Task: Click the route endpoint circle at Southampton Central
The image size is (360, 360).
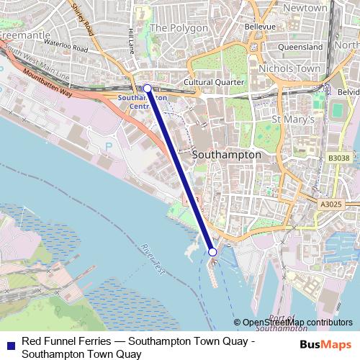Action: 147,89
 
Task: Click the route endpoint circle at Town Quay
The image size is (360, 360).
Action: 212,251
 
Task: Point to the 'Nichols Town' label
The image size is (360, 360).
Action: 288,68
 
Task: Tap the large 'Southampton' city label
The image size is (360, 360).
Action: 227,155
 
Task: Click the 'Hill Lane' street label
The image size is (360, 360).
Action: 130,40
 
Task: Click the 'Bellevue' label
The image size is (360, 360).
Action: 260,26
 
